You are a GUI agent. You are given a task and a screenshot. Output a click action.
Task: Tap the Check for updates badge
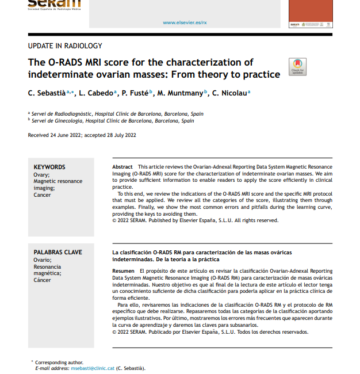(297, 67)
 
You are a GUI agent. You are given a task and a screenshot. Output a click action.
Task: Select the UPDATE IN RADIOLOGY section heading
(65, 46)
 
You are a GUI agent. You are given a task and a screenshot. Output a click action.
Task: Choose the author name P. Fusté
(135, 93)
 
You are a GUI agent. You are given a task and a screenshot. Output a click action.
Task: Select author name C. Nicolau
(229, 93)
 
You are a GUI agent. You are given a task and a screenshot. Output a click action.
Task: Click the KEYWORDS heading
(49, 167)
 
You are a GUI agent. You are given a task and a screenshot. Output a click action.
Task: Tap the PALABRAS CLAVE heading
(58, 252)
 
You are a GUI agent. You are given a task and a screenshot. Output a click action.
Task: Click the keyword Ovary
(41, 174)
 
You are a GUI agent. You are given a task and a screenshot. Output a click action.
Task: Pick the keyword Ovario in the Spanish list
(42, 259)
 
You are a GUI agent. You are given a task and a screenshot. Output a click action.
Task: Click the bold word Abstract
(122, 166)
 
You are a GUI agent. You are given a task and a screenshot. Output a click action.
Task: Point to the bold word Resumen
(124, 270)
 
